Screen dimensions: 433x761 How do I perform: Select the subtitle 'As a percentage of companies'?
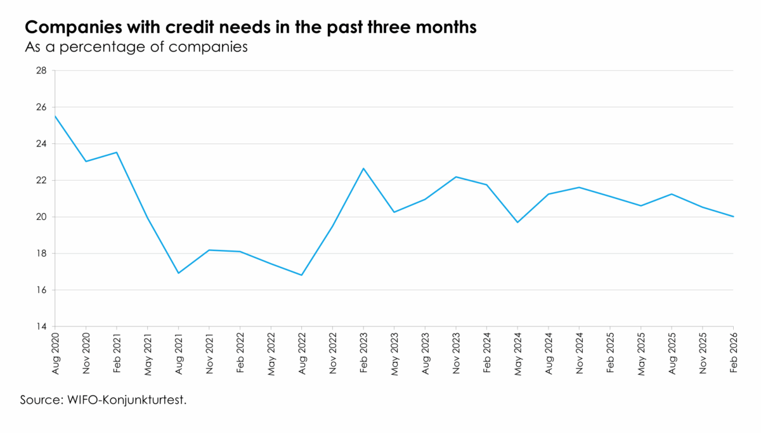(135, 47)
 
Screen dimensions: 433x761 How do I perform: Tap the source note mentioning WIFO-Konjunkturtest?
(104, 400)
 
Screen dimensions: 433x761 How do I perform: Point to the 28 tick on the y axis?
(42, 70)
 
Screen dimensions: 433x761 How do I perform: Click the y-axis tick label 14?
(42, 326)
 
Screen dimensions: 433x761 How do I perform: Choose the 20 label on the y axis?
(42, 217)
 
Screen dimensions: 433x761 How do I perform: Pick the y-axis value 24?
(42, 144)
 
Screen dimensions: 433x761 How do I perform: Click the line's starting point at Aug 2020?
(55, 116)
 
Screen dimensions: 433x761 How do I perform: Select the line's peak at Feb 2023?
(363, 168)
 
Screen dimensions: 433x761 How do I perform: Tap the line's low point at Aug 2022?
(302, 275)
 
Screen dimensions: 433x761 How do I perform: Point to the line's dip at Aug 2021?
(178, 273)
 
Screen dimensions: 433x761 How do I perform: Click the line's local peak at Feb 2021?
(117, 152)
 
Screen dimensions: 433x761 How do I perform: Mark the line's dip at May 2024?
(517, 223)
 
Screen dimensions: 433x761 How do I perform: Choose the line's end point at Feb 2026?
(733, 217)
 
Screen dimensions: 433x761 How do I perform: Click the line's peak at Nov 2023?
(456, 177)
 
